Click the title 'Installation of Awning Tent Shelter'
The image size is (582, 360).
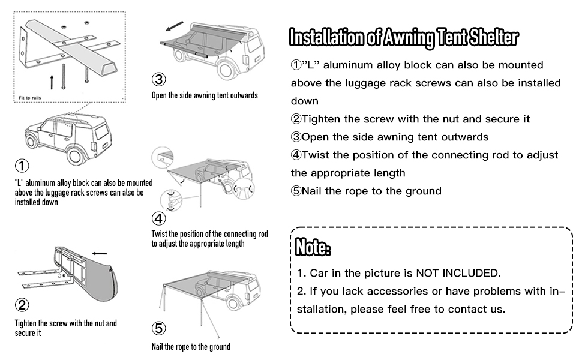[403, 37]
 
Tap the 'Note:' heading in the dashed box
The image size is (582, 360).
[313, 247]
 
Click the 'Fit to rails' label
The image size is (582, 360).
[29, 98]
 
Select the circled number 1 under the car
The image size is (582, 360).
[22, 166]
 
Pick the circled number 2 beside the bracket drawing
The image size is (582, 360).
[22, 305]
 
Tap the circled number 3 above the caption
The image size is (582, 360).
[158, 79]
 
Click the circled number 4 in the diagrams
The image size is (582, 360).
[158, 218]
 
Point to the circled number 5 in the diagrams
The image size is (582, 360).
[158, 328]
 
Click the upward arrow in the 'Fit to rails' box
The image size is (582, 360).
[52, 82]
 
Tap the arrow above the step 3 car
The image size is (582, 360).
[175, 26]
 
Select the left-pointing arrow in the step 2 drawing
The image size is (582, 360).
[100, 253]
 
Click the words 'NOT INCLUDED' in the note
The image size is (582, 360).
[458, 273]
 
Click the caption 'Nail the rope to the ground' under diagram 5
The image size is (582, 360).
[191, 347]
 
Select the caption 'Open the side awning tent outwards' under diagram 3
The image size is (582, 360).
[205, 95]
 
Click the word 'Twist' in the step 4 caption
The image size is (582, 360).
[159, 234]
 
